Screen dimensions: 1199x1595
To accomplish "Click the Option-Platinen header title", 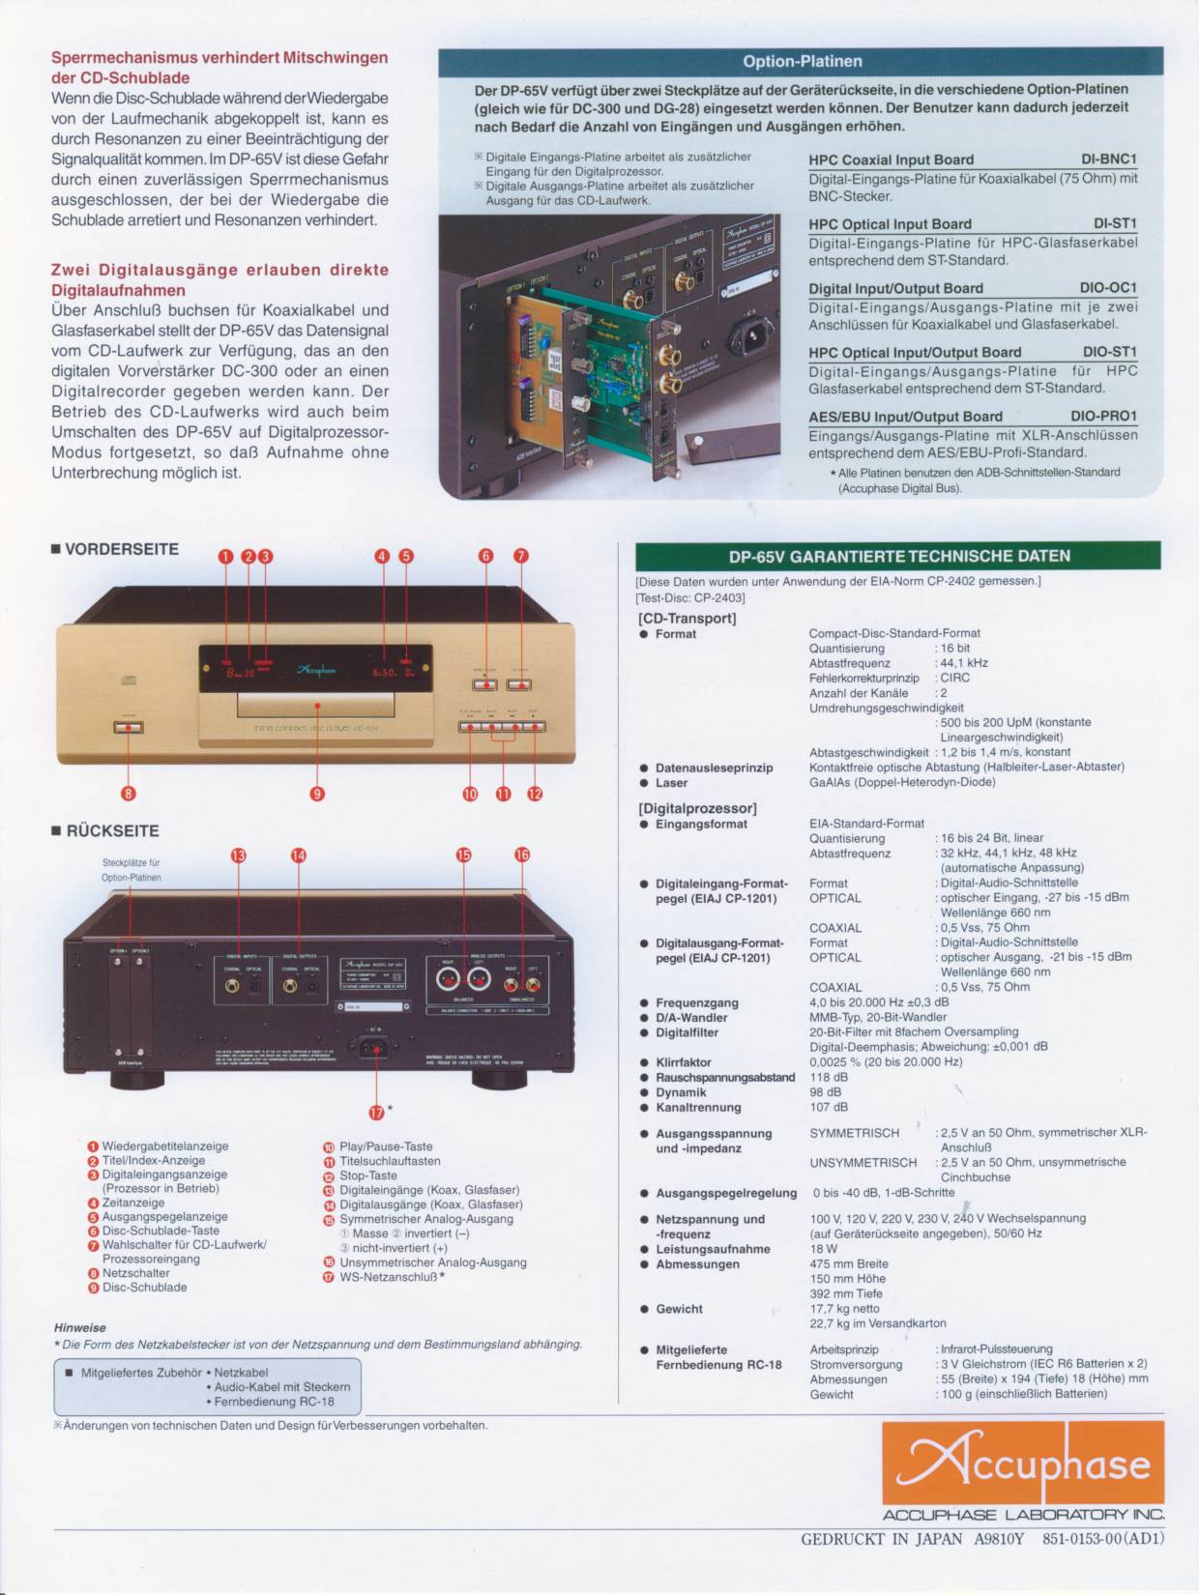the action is pyautogui.click(x=802, y=62).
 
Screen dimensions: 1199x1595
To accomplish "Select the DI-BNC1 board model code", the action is pyautogui.click(x=1108, y=159).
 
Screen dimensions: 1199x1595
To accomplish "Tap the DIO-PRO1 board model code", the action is pyautogui.click(x=1103, y=417).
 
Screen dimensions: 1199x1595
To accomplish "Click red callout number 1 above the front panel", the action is pyautogui.click(x=225, y=556).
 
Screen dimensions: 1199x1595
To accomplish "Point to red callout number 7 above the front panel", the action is pyautogui.click(x=521, y=556).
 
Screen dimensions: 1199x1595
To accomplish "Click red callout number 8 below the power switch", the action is pyautogui.click(x=128, y=794).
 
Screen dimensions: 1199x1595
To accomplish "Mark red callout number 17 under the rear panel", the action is pyautogui.click(x=377, y=1111).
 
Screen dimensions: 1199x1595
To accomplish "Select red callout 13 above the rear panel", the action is pyautogui.click(x=238, y=855).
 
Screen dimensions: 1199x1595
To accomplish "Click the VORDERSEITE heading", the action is pyautogui.click(x=121, y=550).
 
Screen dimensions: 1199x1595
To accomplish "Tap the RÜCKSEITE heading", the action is pyautogui.click(x=112, y=831).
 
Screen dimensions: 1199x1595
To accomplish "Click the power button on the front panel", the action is pyautogui.click(x=128, y=725).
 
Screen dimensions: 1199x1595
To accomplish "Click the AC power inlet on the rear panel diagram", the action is pyautogui.click(x=377, y=1045).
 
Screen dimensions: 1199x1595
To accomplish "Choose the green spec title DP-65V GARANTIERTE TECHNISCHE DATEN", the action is pyautogui.click(x=898, y=556).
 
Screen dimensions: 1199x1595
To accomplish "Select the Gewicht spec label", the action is pyautogui.click(x=679, y=1309).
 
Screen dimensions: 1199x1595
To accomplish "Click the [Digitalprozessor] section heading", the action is pyautogui.click(x=697, y=808).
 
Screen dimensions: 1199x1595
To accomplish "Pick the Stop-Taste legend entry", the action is pyautogui.click(x=367, y=1175).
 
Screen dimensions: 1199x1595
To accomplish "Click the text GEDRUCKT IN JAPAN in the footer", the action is pyautogui.click(x=881, y=1539).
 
